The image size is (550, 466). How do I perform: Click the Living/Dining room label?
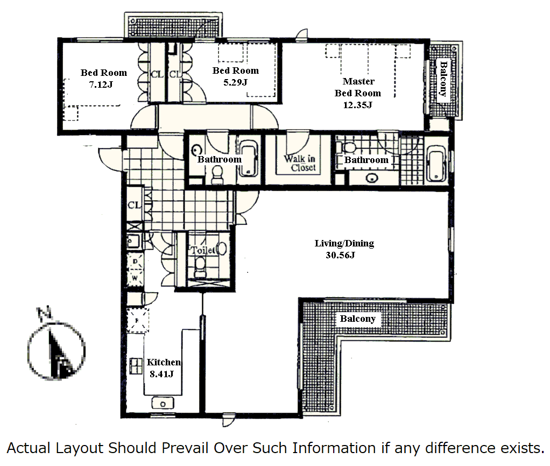point(344,243)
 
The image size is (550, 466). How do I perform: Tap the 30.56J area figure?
point(340,255)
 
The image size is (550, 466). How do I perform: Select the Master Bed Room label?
point(358,87)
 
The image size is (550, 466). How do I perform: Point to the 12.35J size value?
point(357,105)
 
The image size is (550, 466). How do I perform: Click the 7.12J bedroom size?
point(101,84)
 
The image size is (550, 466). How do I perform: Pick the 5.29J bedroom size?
point(235,82)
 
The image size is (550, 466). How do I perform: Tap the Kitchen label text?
point(164,362)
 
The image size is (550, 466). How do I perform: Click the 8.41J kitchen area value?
point(161,374)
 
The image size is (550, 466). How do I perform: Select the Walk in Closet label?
point(300,163)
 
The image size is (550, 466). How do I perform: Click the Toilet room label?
point(202,250)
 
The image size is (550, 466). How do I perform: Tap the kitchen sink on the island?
point(163,404)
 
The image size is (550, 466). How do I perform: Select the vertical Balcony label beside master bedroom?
point(443,79)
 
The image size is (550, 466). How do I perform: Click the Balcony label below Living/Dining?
point(358,319)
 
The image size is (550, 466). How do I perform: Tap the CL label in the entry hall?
point(134,205)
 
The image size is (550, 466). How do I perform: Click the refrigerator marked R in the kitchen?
point(138,321)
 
